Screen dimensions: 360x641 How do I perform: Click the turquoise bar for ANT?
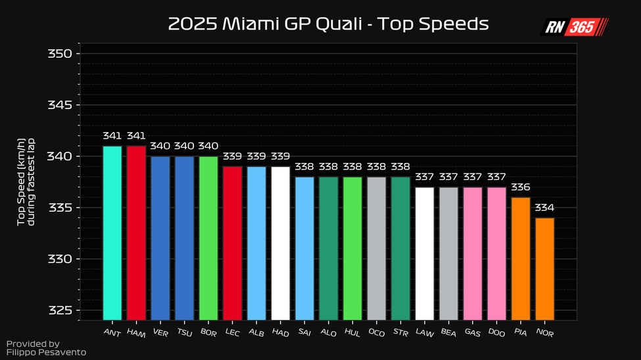click(x=112, y=233)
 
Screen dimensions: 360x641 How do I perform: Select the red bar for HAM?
click(x=136, y=233)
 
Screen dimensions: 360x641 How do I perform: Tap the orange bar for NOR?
click(x=545, y=269)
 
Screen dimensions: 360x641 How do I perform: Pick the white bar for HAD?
click(x=281, y=243)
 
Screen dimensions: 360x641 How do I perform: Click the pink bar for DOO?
click(x=497, y=254)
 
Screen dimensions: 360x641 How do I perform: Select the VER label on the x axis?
click(x=160, y=332)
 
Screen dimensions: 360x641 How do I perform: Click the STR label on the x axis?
click(x=400, y=332)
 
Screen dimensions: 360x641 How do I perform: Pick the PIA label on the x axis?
click(x=521, y=332)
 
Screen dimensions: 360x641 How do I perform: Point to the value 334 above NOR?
click(x=544, y=208)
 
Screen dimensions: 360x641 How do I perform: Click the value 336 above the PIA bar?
click(x=521, y=187)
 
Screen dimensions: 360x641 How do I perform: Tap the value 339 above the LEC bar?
click(x=232, y=156)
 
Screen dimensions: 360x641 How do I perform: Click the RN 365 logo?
click(x=575, y=28)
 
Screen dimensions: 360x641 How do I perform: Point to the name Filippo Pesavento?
click(x=46, y=353)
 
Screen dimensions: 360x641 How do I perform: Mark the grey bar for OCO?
click(x=377, y=248)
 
